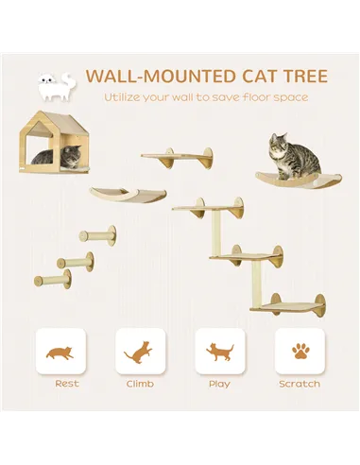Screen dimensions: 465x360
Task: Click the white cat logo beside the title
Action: click(54, 87)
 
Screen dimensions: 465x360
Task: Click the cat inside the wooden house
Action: click(45, 156)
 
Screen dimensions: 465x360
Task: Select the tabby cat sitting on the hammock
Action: click(281, 153)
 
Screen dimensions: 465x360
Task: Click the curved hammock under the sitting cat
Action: click(288, 179)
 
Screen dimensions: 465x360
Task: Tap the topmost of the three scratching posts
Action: click(98, 232)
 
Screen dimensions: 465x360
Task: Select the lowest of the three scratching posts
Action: click(53, 280)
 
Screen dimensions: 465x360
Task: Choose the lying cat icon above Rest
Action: click(60, 353)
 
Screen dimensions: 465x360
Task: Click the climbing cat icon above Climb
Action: click(139, 353)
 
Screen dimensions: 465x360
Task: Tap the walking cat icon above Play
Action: click(220, 353)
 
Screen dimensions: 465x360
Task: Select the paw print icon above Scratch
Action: click(300, 353)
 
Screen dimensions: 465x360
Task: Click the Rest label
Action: click(67, 384)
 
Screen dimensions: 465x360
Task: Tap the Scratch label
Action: click(300, 384)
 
